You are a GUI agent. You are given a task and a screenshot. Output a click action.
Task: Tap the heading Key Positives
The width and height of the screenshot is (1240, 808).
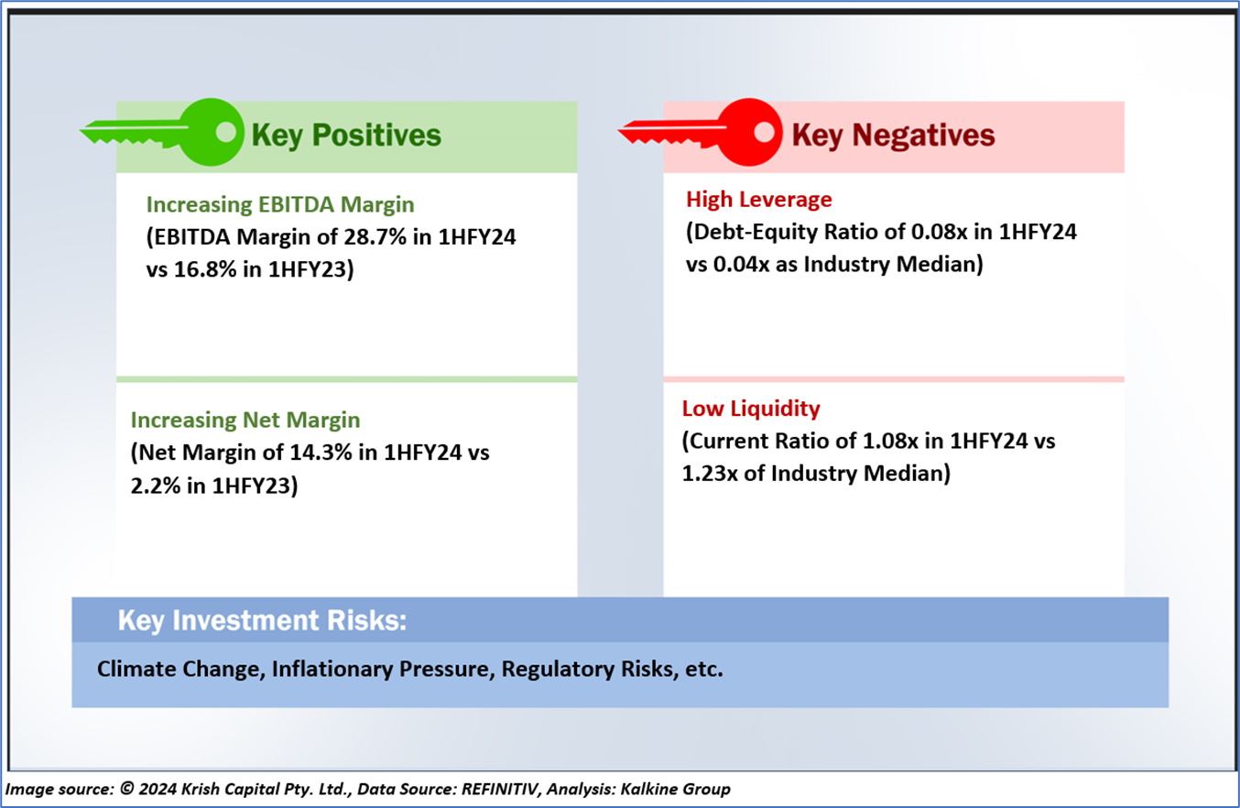coord(346,136)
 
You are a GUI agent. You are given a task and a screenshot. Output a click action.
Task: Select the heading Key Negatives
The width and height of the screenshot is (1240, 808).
coord(893,136)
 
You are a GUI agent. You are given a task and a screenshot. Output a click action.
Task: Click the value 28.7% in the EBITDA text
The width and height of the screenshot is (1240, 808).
coord(375,237)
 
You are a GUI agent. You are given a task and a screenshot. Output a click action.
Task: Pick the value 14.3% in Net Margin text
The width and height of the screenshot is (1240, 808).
coord(321,453)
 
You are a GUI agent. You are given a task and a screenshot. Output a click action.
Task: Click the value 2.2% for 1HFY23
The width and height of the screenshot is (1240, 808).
coord(156,486)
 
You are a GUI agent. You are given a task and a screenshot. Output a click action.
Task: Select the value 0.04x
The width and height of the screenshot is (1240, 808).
coord(742,264)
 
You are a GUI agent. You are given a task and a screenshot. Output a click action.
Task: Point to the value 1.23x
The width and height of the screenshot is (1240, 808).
coord(710,474)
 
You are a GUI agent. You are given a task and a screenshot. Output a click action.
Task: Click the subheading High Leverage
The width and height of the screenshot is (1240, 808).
coord(759,200)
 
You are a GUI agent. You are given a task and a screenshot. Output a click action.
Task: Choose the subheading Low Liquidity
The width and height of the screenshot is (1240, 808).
coord(751,409)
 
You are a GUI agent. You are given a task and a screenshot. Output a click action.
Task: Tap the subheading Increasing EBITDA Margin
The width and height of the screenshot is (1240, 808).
coord(280,205)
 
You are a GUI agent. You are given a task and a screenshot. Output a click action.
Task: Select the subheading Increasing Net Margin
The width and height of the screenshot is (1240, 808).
coord(245,420)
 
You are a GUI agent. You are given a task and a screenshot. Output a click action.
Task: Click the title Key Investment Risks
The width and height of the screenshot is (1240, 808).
coord(263,620)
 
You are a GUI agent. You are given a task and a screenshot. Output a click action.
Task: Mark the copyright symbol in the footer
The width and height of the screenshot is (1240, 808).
coord(126,788)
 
